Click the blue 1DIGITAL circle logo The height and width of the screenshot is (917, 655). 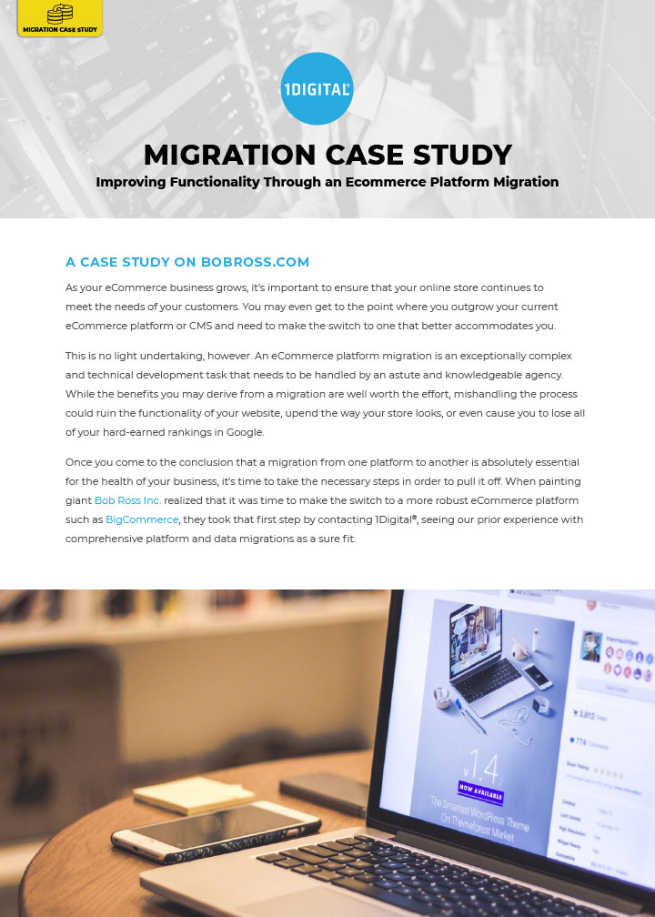[x=317, y=88]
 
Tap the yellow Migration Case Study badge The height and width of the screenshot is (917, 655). [x=60, y=18]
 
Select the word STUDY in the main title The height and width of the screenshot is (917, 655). [x=465, y=155]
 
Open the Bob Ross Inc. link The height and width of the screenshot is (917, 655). [x=127, y=501]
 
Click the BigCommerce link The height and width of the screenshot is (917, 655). [x=142, y=519]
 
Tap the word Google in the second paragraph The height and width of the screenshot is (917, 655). [x=238, y=431]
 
